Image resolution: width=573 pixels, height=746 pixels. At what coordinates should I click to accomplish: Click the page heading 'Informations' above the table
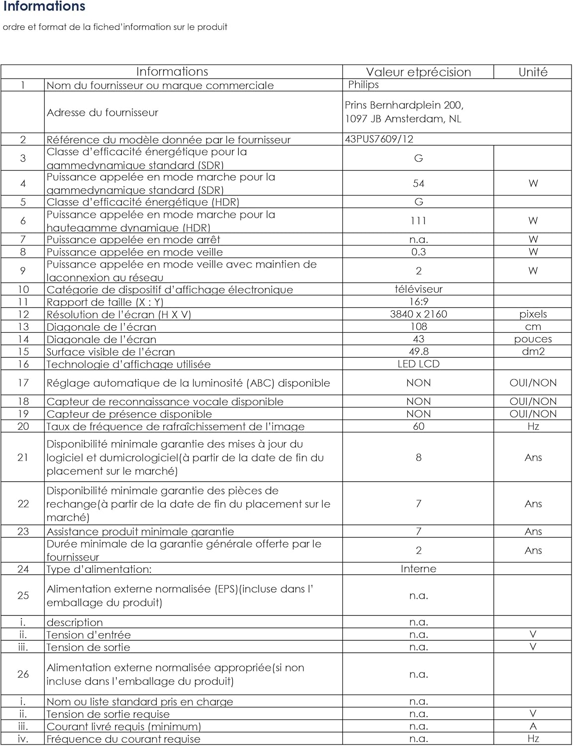pos(44,7)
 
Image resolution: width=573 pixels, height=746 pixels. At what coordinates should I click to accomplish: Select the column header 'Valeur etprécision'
pos(418,72)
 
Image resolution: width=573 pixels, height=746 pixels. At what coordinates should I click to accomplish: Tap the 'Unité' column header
pos(533,72)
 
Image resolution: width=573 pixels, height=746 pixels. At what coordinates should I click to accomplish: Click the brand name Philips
pos(363,85)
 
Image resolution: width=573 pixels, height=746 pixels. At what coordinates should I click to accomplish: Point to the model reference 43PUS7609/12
pos(379,139)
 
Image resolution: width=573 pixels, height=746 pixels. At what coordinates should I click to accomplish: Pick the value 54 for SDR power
pos(418,184)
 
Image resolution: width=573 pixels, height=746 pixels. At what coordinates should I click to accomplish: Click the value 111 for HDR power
pos(418,221)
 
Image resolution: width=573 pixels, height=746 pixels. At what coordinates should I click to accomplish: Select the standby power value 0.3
pos(418,252)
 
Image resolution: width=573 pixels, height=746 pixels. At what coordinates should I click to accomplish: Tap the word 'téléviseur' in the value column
pos(418,289)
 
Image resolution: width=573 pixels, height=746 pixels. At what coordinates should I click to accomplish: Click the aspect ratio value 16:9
pos(418,302)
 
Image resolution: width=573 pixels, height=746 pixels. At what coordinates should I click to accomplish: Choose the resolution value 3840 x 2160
pos(418,314)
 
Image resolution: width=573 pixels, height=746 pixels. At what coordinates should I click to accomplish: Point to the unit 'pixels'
pos(533,314)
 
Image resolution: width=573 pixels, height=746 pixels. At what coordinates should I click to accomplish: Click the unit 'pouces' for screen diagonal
pos(533,339)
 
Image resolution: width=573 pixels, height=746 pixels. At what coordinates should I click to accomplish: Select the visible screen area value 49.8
pos(418,352)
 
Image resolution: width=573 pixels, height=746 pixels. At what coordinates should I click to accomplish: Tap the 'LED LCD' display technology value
pos(418,364)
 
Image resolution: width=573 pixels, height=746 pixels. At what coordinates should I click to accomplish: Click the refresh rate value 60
pos(418,426)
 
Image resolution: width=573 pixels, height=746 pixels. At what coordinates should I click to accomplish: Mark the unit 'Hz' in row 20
pos(533,426)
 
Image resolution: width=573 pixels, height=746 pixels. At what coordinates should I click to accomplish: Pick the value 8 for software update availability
pos(418,458)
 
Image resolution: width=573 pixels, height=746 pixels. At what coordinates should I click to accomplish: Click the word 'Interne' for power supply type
pos(418,569)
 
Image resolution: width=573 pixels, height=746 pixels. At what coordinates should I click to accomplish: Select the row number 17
pos(23,383)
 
